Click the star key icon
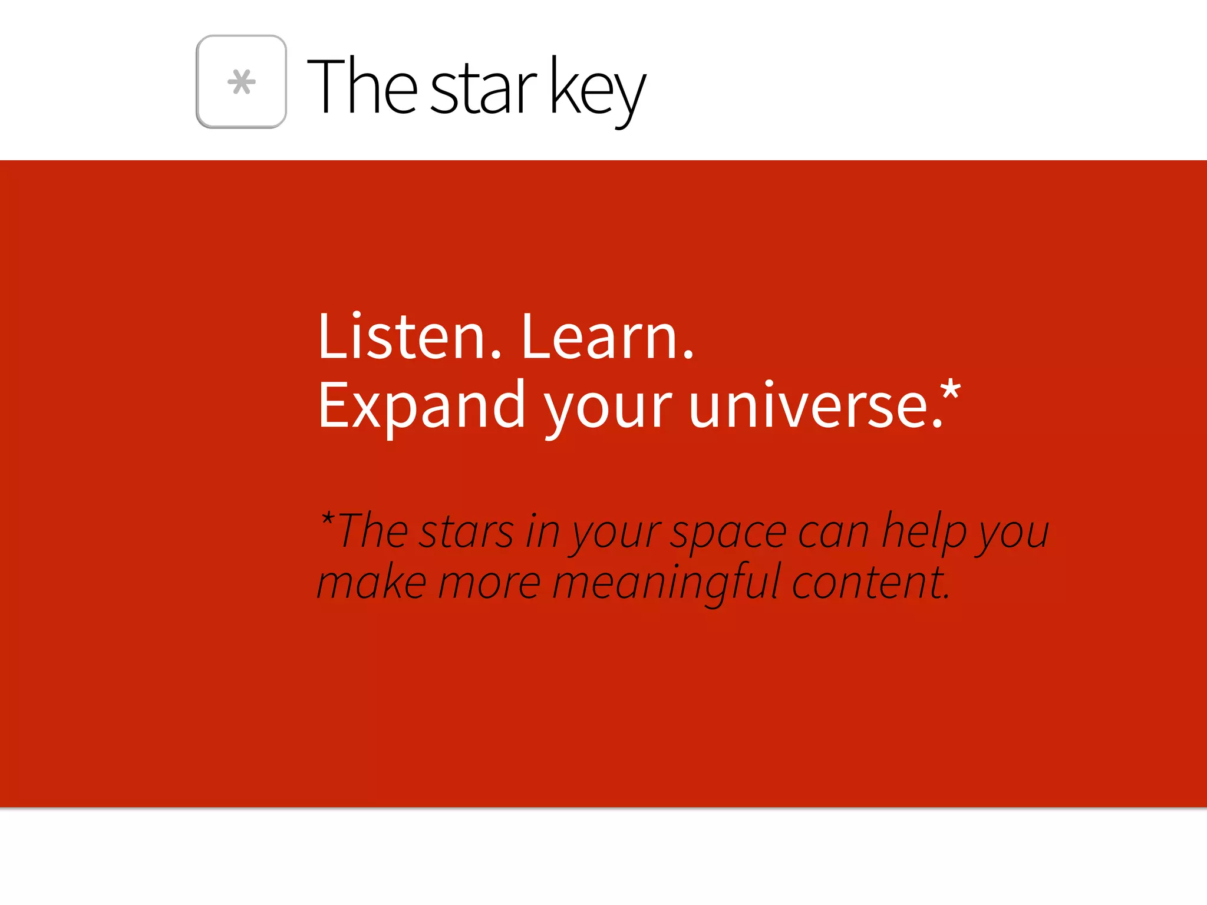click(x=241, y=81)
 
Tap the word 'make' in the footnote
click(x=372, y=583)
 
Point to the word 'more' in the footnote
click(x=489, y=584)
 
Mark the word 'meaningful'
click(x=666, y=584)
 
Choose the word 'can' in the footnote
click(x=833, y=533)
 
